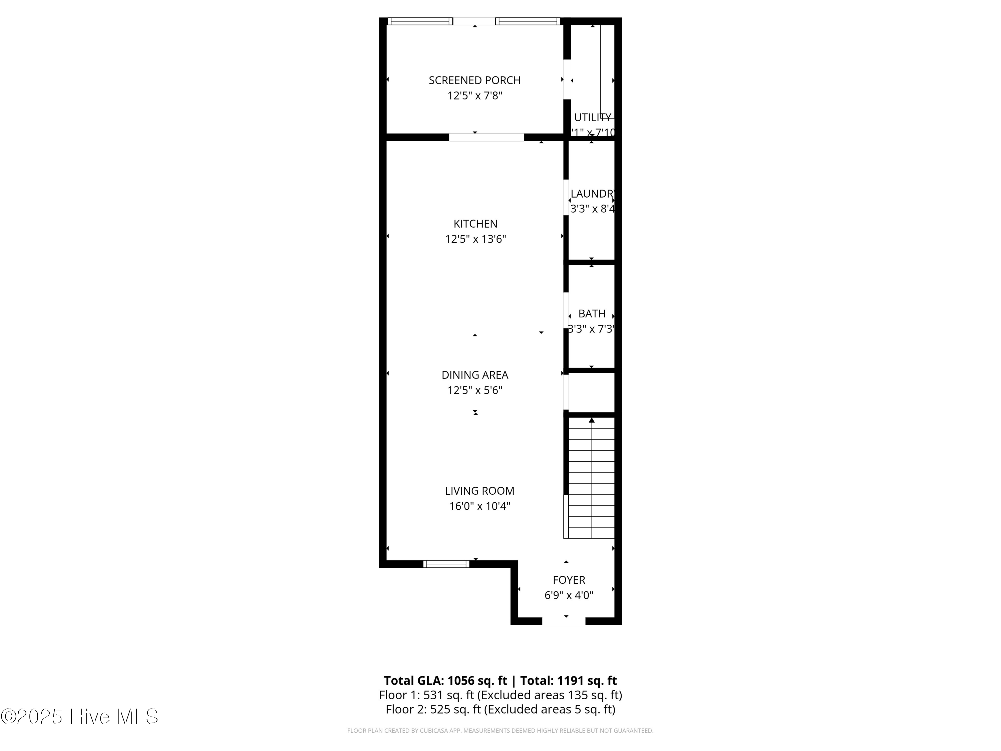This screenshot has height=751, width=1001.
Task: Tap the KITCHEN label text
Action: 475,224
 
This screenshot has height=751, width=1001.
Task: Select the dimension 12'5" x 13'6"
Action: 475,239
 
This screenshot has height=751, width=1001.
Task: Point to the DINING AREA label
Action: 475,375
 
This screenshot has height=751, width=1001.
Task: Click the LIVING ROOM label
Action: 479,491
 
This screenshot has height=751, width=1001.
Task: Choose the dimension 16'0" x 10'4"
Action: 479,506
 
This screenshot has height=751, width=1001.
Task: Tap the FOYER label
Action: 569,580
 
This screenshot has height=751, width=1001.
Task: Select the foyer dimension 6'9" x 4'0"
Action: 569,595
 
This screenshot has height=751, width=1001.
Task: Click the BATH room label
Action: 592,314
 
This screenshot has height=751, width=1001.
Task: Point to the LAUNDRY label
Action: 592,194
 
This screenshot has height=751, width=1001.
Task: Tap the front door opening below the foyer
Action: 564,621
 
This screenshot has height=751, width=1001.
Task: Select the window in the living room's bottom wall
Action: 446,564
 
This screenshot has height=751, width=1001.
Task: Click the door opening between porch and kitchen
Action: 486,137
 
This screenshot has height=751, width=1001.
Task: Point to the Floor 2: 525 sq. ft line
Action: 500,709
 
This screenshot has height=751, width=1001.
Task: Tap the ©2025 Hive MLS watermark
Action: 79,717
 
